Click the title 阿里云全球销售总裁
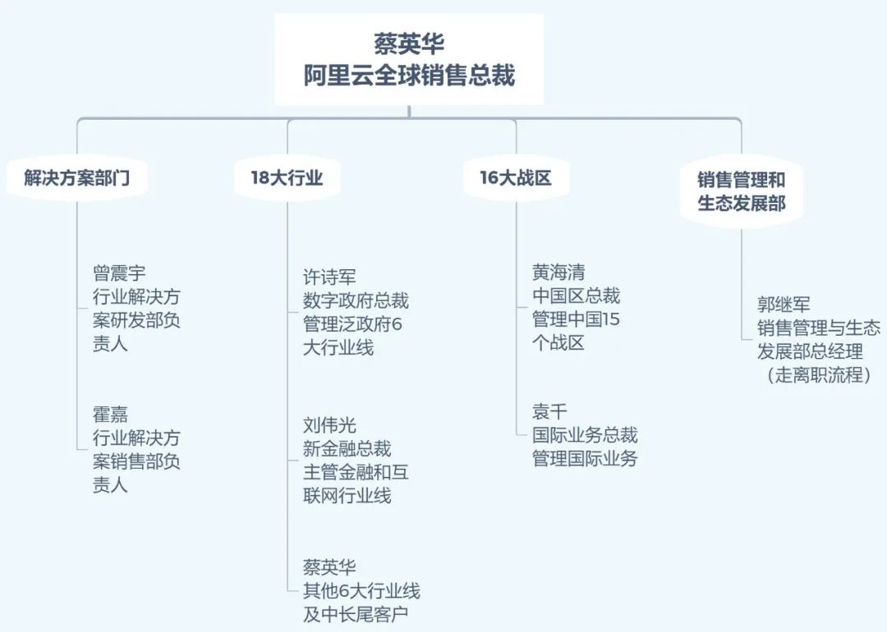click(x=409, y=76)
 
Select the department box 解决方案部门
click(x=76, y=177)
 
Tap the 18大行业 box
click(x=287, y=177)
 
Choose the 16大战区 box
click(x=516, y=177)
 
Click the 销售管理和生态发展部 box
click(x=741, y=190)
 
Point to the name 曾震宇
click(x=119, y=272)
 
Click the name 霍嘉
click(x=110, y=414)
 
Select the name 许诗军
click(x=329, y=277)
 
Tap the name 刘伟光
click(x=329, y=425)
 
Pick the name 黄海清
click(x=558, y=272)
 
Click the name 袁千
click(x=549, y=412)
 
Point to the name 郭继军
click(x=784, y=305)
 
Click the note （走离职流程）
click(x=819, y=376)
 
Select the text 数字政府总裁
click(x=356, y=300)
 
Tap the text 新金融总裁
click(x=347, y=448)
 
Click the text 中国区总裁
click(x=576, y=295)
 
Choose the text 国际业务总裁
click(x=585, y=435)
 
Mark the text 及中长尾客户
click(x=356, y=614)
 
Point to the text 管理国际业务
click(x=585, y=459)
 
